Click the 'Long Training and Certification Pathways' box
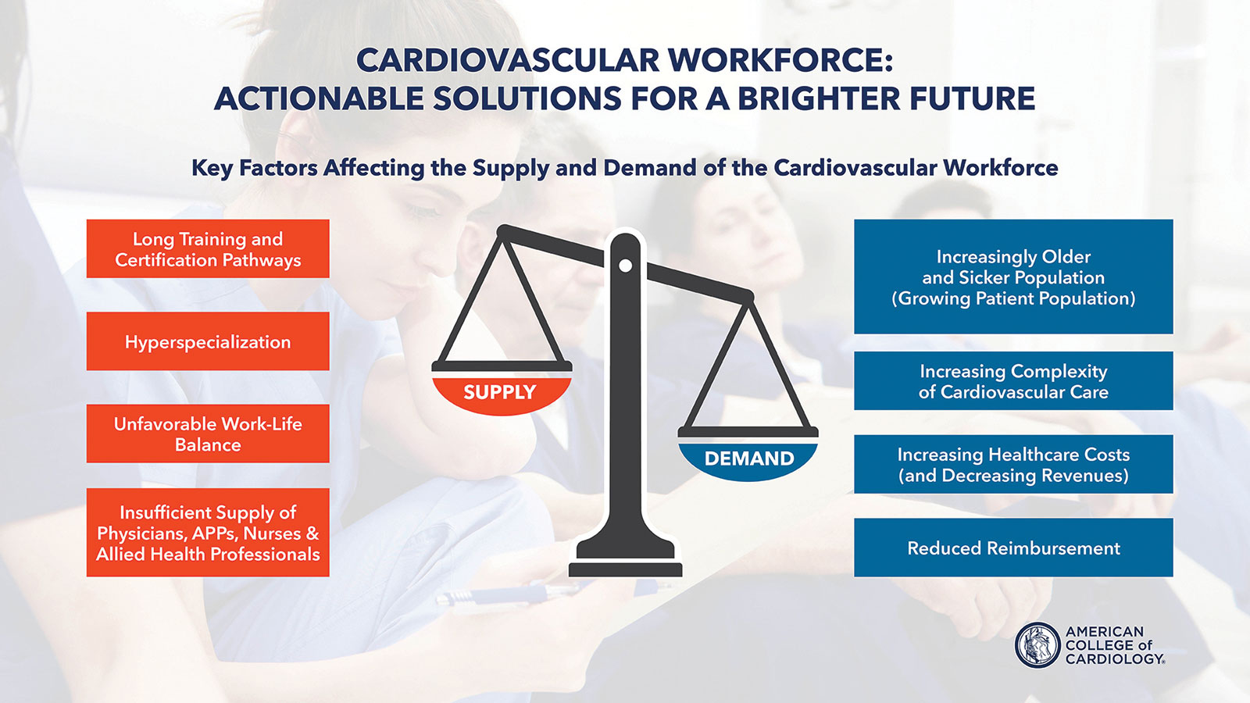coord(208,249)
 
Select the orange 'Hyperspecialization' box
coord(208,341)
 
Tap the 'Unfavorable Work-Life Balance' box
coord(208,434)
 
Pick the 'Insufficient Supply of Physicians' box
coord(208,532)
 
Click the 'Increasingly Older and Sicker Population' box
coord(1013,277)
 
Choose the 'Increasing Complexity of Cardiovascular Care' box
coord(1013,381)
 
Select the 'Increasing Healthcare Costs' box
coord(1013,464)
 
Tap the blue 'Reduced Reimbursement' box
coord(1013,548)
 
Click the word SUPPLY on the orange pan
coord(499,392)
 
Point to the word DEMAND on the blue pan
coord(749,459)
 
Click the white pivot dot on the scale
coord(626,266)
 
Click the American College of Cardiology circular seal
coord(1037,645)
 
